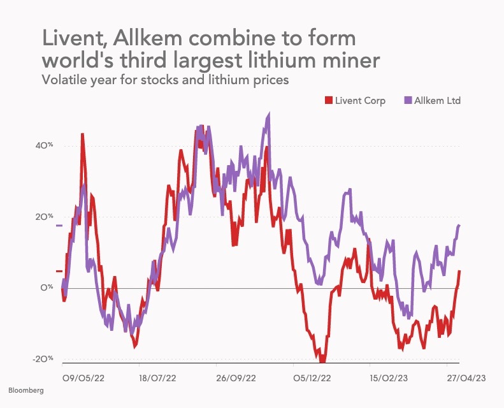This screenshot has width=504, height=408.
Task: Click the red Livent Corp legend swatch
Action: (329, 101)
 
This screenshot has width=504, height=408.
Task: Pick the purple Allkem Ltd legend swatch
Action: (408, 101)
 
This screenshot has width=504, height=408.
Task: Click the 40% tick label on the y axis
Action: (44, 145)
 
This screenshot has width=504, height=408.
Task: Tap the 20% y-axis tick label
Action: (44, 217)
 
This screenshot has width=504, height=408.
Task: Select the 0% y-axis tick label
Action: (47, 288)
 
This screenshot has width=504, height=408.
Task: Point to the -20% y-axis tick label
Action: (43, 360)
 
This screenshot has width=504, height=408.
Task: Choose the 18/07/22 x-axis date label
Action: (158, 377)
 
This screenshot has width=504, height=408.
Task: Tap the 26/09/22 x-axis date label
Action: (236, 377)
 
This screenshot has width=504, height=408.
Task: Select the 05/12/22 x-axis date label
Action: (312, 377)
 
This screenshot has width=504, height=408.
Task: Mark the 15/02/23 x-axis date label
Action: (389, 377)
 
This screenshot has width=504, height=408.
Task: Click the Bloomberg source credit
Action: (26, 390)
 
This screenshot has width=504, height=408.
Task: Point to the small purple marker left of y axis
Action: (59, 226)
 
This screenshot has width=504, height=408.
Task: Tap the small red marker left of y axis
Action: (59, 272)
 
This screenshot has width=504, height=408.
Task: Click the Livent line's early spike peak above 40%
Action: (82, 135)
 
